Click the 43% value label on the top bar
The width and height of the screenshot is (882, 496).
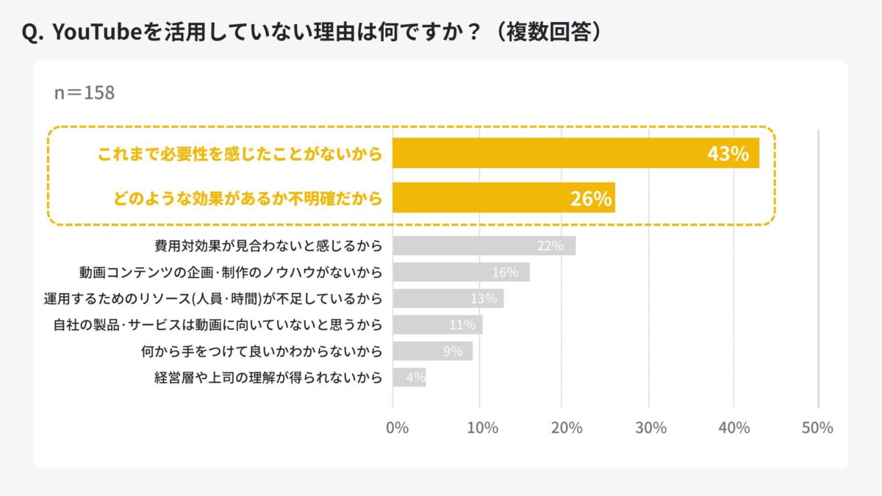[x=728, y=154]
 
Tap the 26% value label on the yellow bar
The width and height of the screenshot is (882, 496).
[x=591, y=199]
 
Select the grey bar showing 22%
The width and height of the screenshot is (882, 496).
[x=484, y=245]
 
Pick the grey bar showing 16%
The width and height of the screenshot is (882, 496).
[x=461, y=273]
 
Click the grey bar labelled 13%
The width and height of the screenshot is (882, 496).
[x=448, y=299]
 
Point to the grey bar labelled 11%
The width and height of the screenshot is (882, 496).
[x=437, y=325]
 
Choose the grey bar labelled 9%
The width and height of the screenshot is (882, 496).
[x=432, y=351]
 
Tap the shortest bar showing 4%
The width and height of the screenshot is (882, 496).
[x=409, y=378]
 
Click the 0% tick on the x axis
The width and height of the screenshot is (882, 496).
[x=397, y=428]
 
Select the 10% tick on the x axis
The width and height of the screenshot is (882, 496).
[x=482, y=428]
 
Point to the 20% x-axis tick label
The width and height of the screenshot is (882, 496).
[x=567, y=428]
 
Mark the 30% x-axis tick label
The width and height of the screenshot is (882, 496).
[x=652, y=428]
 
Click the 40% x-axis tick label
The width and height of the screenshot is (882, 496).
[x=735, y=428]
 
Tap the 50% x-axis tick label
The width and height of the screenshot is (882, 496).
[x=817, y=428]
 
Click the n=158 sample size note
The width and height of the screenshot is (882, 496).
[x=85, y=93]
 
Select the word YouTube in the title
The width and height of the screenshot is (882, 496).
[x=92, y=34]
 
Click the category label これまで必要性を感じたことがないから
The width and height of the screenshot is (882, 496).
[x=240, y=154]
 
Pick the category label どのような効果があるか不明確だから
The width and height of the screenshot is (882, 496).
[x=248, y=199]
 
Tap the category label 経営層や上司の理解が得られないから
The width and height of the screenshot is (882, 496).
[x=268, y=378]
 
